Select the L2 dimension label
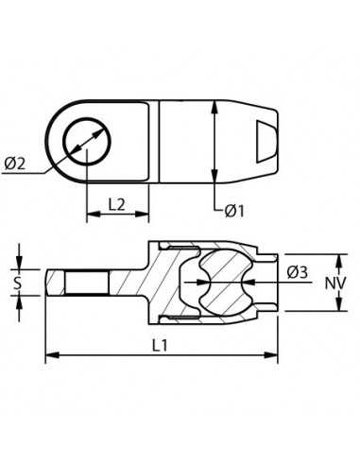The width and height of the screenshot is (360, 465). (117, 202)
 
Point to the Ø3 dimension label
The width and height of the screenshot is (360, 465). (297, 274)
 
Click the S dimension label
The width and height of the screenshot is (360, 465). (18, 283)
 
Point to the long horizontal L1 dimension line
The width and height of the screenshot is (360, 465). (161, 355)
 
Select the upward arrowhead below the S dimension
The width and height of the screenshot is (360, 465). (19, 301)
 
